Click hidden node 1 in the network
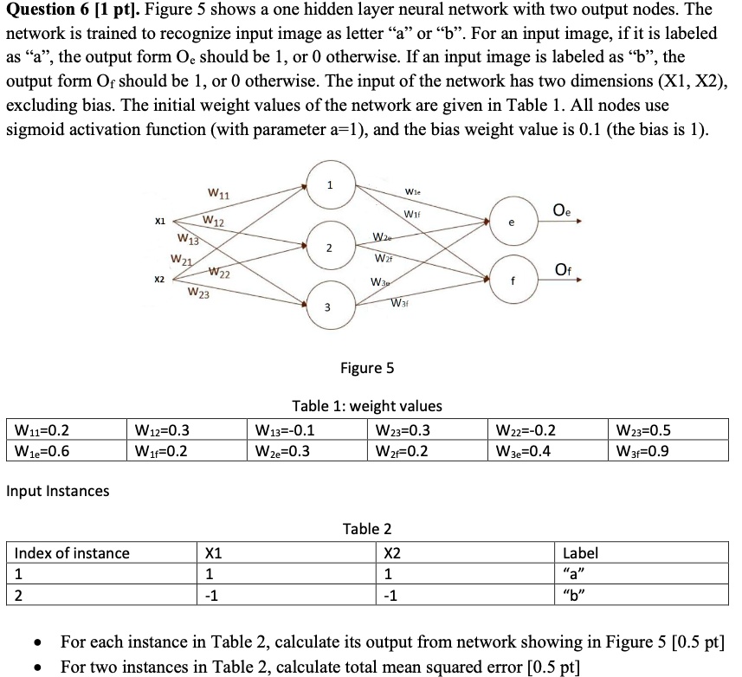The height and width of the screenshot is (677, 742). [x=329, y=188]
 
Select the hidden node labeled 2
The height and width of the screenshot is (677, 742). [x=329, y=248]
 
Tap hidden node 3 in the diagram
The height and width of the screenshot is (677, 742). [x=327, y=307]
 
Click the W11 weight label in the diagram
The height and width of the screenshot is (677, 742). [x=218, y=191]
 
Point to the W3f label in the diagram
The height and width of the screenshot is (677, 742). [x=400, y=303]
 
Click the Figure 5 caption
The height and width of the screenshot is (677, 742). [x=367, y=368]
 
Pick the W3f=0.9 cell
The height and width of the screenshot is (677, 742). [x=642, y=450]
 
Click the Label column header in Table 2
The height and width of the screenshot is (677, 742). [x=580, y=553]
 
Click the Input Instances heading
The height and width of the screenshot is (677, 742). [x=58, y=491]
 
